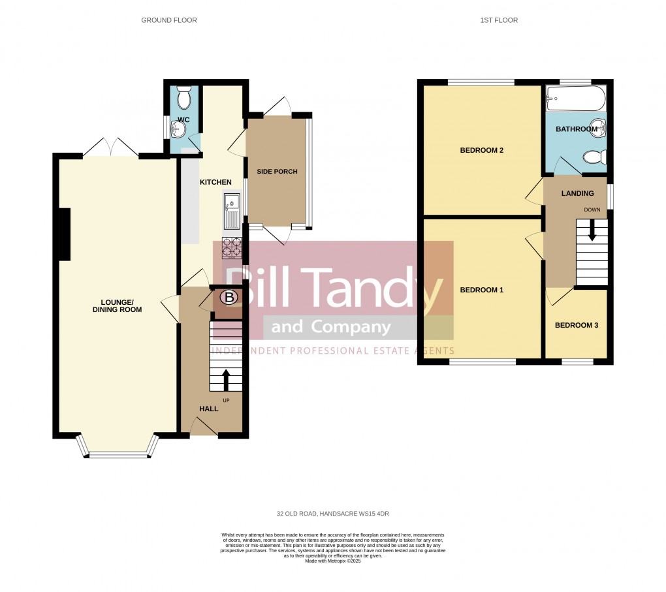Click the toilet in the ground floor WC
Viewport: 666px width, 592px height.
pos(183,98)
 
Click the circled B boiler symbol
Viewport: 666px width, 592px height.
pos(229,298)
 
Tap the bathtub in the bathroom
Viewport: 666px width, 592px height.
pos(576,99)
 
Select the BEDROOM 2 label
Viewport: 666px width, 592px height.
pos(481,150)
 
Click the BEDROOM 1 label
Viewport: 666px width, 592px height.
pos(481,290)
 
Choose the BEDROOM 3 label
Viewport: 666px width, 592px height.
pos(576,325)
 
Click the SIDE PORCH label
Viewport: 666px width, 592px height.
pos(277,172)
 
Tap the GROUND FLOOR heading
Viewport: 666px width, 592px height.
pos(168,20)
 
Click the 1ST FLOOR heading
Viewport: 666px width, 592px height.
pos(499,20)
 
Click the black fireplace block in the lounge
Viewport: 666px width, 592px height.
pos(65,234)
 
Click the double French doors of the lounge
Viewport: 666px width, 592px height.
pos(110,149)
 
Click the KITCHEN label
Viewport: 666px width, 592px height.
pos(215,181)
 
